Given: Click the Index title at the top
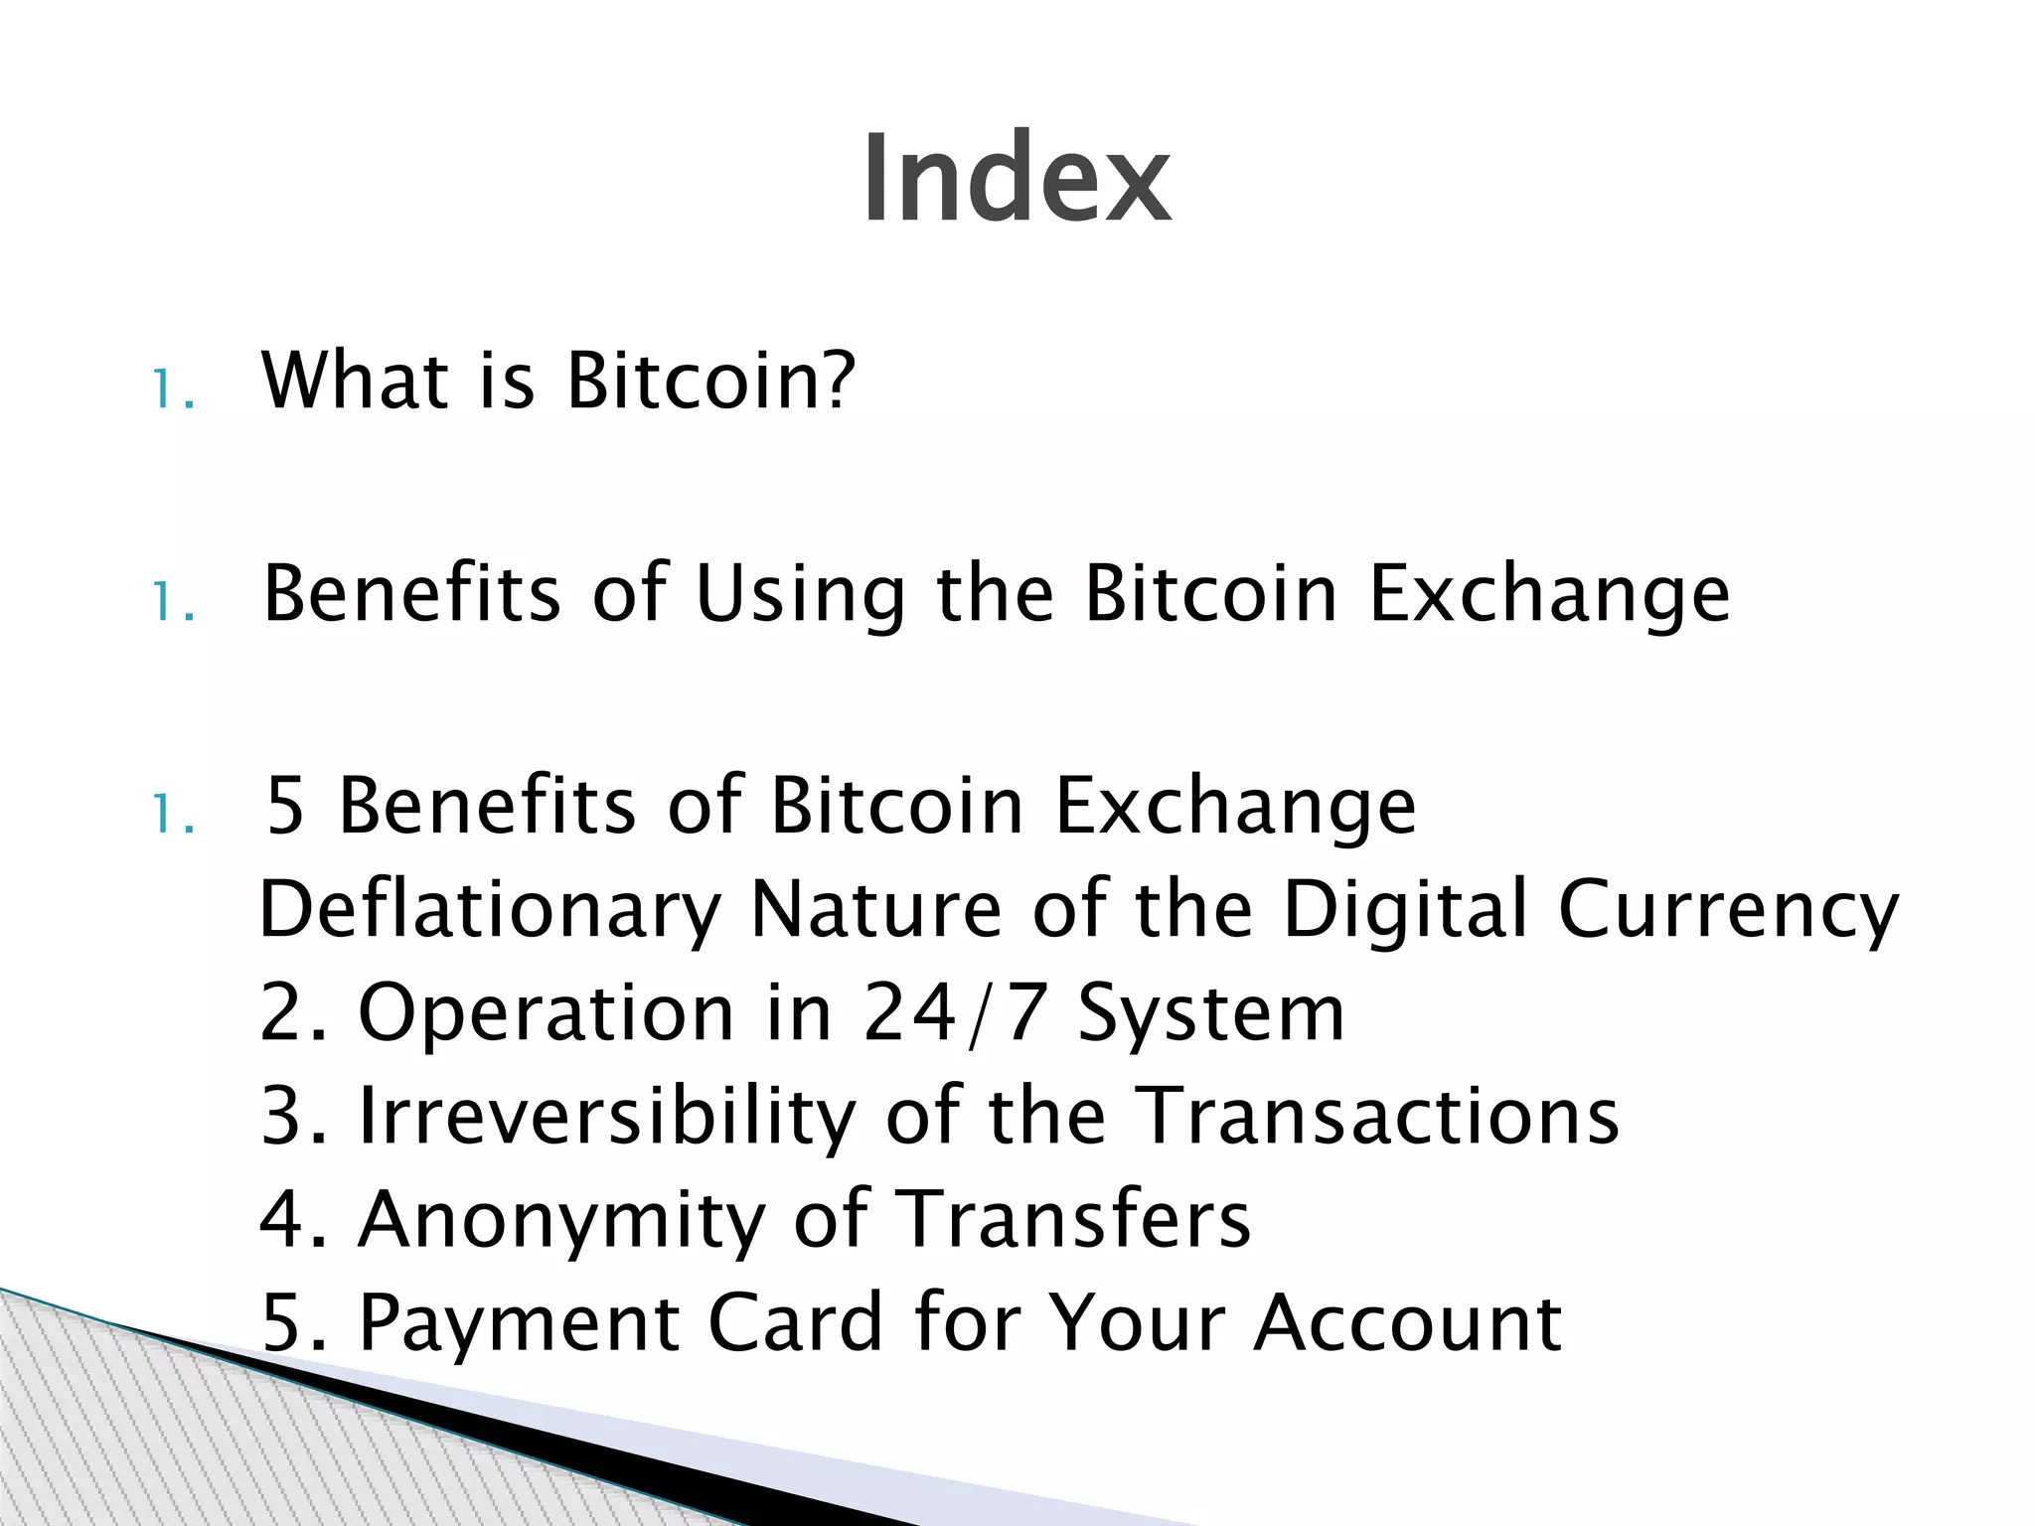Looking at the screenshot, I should [1016, 180].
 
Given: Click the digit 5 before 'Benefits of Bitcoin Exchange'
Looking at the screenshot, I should [285, 806].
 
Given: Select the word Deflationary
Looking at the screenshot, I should [490, 912].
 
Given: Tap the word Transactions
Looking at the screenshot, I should [1376, 1116].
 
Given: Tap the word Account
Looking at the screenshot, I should [1407, 1323].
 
